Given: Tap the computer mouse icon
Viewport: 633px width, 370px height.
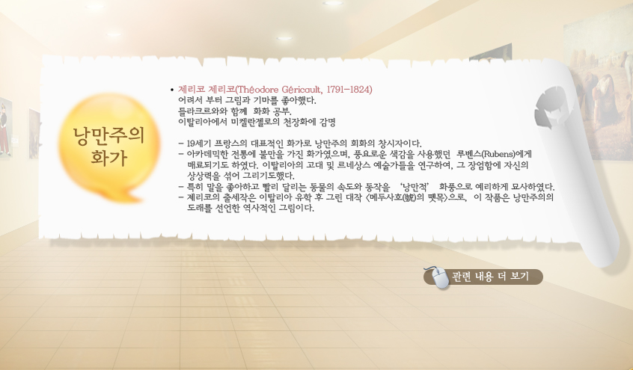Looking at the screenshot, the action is coord(439,277).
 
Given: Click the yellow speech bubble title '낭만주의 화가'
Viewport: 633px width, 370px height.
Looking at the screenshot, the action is coord(108,145).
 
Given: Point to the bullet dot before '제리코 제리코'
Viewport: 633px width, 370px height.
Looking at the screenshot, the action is coord(172,90).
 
